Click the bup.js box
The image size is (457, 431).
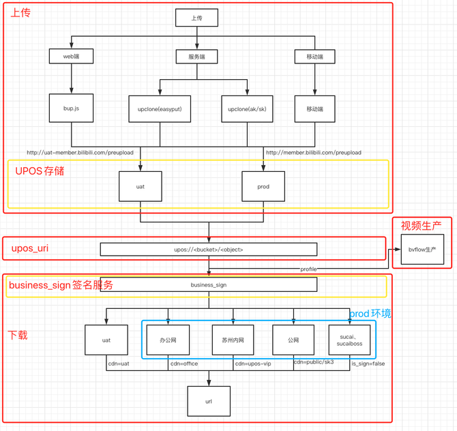(x=71, y=108)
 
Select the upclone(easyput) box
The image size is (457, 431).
(x=160, y=108)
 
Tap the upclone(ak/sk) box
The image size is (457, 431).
(x=247, y=108)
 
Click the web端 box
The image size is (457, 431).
(x=71, y=56)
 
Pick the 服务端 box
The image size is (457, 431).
(x=196, y=57)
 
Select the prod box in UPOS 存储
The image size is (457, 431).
(x=263, y=186)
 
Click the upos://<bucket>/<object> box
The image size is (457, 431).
(x=209, y=250)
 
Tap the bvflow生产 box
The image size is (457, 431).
(x=422, y=250)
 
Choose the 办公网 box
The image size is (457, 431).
(x=168, y=340)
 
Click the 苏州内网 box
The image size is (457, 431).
(x=233, y=340)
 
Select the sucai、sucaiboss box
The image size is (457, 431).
(x=349, y=340)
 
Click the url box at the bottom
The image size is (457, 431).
(x=209, y=401)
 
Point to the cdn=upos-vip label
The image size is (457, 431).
(x=253, y=363)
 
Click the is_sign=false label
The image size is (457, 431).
(x=368, y=363)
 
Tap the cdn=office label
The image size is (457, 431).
(x=184, y=363)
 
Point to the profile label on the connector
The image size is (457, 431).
(x=309, y=269)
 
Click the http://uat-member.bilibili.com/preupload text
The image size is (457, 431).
(x=80, y=152)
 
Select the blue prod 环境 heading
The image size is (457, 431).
(x=370, y=314)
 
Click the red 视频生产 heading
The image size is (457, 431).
(x=421, y=226)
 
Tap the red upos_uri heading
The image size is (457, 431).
(x=30, y=248)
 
